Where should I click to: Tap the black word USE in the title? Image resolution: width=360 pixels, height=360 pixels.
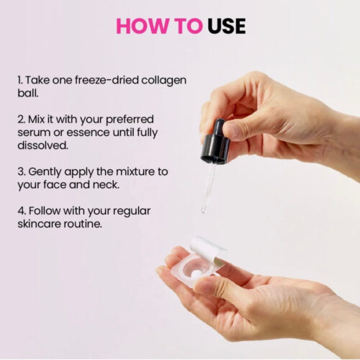[227, 26]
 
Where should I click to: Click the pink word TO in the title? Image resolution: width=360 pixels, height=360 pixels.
[189, 26]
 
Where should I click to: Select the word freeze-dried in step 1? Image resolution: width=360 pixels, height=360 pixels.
[107, 80]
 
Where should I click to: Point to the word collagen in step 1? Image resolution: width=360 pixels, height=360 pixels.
[163, 81]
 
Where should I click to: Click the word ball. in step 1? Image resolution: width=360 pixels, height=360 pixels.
[28, 93]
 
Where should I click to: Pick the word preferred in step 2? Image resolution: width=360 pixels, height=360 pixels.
[130, 120]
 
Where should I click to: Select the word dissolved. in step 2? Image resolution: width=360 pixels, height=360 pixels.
[42, 145]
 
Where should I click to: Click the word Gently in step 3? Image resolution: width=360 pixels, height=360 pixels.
[45, 172]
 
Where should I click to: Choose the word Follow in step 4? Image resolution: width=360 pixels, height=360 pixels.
[45, 211]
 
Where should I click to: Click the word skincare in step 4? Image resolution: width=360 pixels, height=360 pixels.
[39, 224]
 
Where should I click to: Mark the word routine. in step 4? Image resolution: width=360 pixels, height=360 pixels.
[83, 224]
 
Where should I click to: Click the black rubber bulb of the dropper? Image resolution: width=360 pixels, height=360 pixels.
[219, 127]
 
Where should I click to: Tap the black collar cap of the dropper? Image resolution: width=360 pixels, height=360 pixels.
[215, 148]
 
